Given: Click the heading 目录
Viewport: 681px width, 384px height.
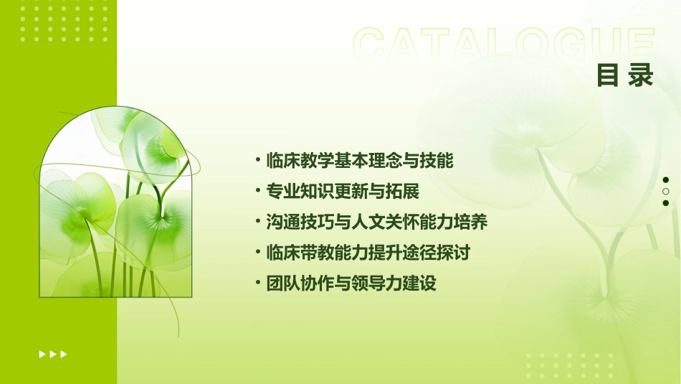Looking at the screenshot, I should tap(625, 75).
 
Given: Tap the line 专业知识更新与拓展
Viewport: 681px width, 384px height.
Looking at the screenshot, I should tap(342, 192).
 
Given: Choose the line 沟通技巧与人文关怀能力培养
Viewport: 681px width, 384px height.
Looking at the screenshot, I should tap(376, 223).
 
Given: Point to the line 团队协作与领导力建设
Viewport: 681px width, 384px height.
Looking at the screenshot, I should tap(351, 284).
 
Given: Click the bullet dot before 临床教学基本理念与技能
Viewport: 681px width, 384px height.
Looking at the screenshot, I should tap(257, 161).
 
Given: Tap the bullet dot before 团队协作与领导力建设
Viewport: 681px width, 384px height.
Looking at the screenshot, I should tap(257, 284).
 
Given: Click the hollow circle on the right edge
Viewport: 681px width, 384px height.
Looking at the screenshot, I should tap(666, 192).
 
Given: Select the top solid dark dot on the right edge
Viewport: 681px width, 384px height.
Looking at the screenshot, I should tap(666, 180).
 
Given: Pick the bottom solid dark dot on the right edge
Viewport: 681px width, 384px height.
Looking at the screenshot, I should tap(666, 203).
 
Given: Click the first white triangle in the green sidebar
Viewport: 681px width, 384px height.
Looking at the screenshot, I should tap(42, 354).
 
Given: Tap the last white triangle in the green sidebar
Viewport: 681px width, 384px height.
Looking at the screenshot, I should tap(64, 354).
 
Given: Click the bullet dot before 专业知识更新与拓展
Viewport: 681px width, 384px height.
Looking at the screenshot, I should tap(257, 192).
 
